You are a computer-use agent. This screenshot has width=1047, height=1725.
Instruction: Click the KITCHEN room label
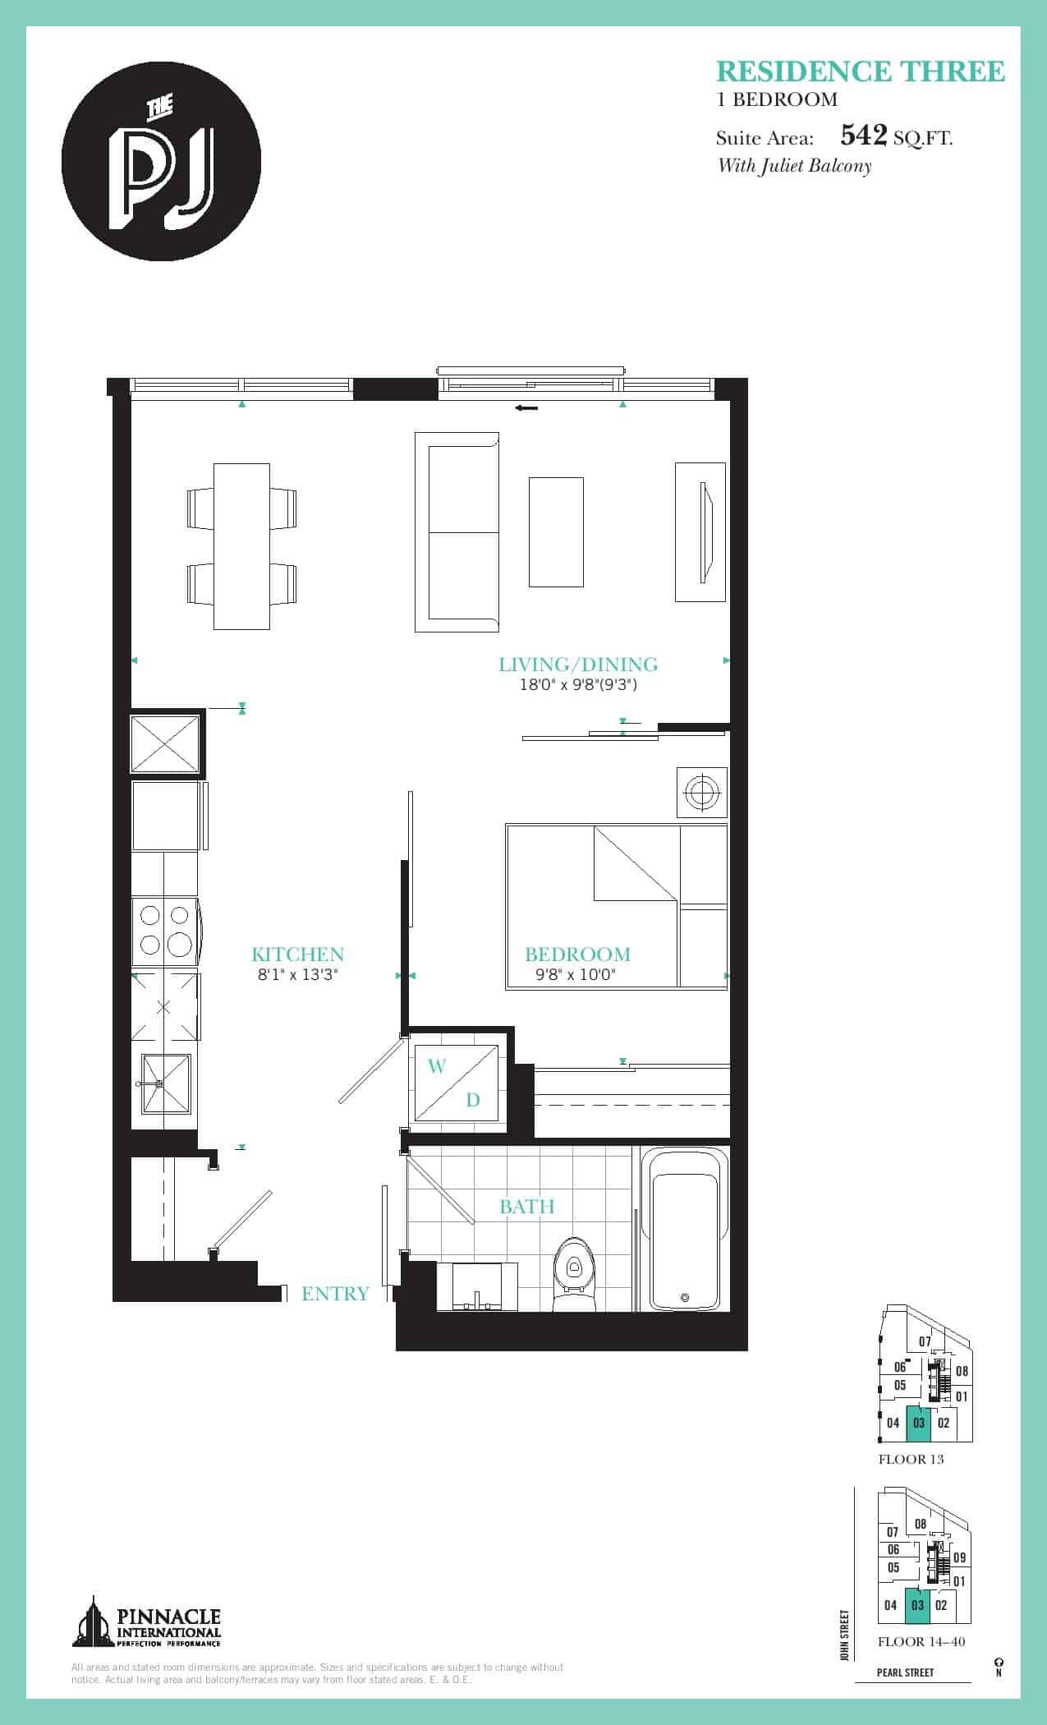tap(297, 954)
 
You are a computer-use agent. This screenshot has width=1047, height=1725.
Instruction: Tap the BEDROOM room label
tap(577, 954)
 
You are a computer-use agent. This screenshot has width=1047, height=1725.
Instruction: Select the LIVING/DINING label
tap(578, 665)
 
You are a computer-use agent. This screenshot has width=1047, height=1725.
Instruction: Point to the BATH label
tap(526, 1207)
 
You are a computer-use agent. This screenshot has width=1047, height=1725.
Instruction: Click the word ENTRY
tap(335, 1294)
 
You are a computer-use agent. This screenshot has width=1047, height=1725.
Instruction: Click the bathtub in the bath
tap(685, 1230)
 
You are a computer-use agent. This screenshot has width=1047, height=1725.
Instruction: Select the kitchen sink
tap(166, 1083)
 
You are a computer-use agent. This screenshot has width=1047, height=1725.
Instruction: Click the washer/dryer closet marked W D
tap(456, 1083)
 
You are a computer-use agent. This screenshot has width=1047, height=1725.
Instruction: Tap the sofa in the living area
tap(457, 532)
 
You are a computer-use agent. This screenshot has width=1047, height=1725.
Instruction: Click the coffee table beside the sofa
tap(556, 532)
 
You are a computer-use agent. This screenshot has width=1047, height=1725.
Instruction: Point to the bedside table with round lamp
tap(701, 792)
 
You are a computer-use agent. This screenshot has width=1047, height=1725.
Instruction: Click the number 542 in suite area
tap(864, 135)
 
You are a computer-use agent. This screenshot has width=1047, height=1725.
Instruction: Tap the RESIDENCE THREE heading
tap(861, 71)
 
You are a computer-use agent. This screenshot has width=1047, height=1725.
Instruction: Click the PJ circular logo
tap(162, 160)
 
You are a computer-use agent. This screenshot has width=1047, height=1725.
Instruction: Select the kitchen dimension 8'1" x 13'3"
tap(297, 975)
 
